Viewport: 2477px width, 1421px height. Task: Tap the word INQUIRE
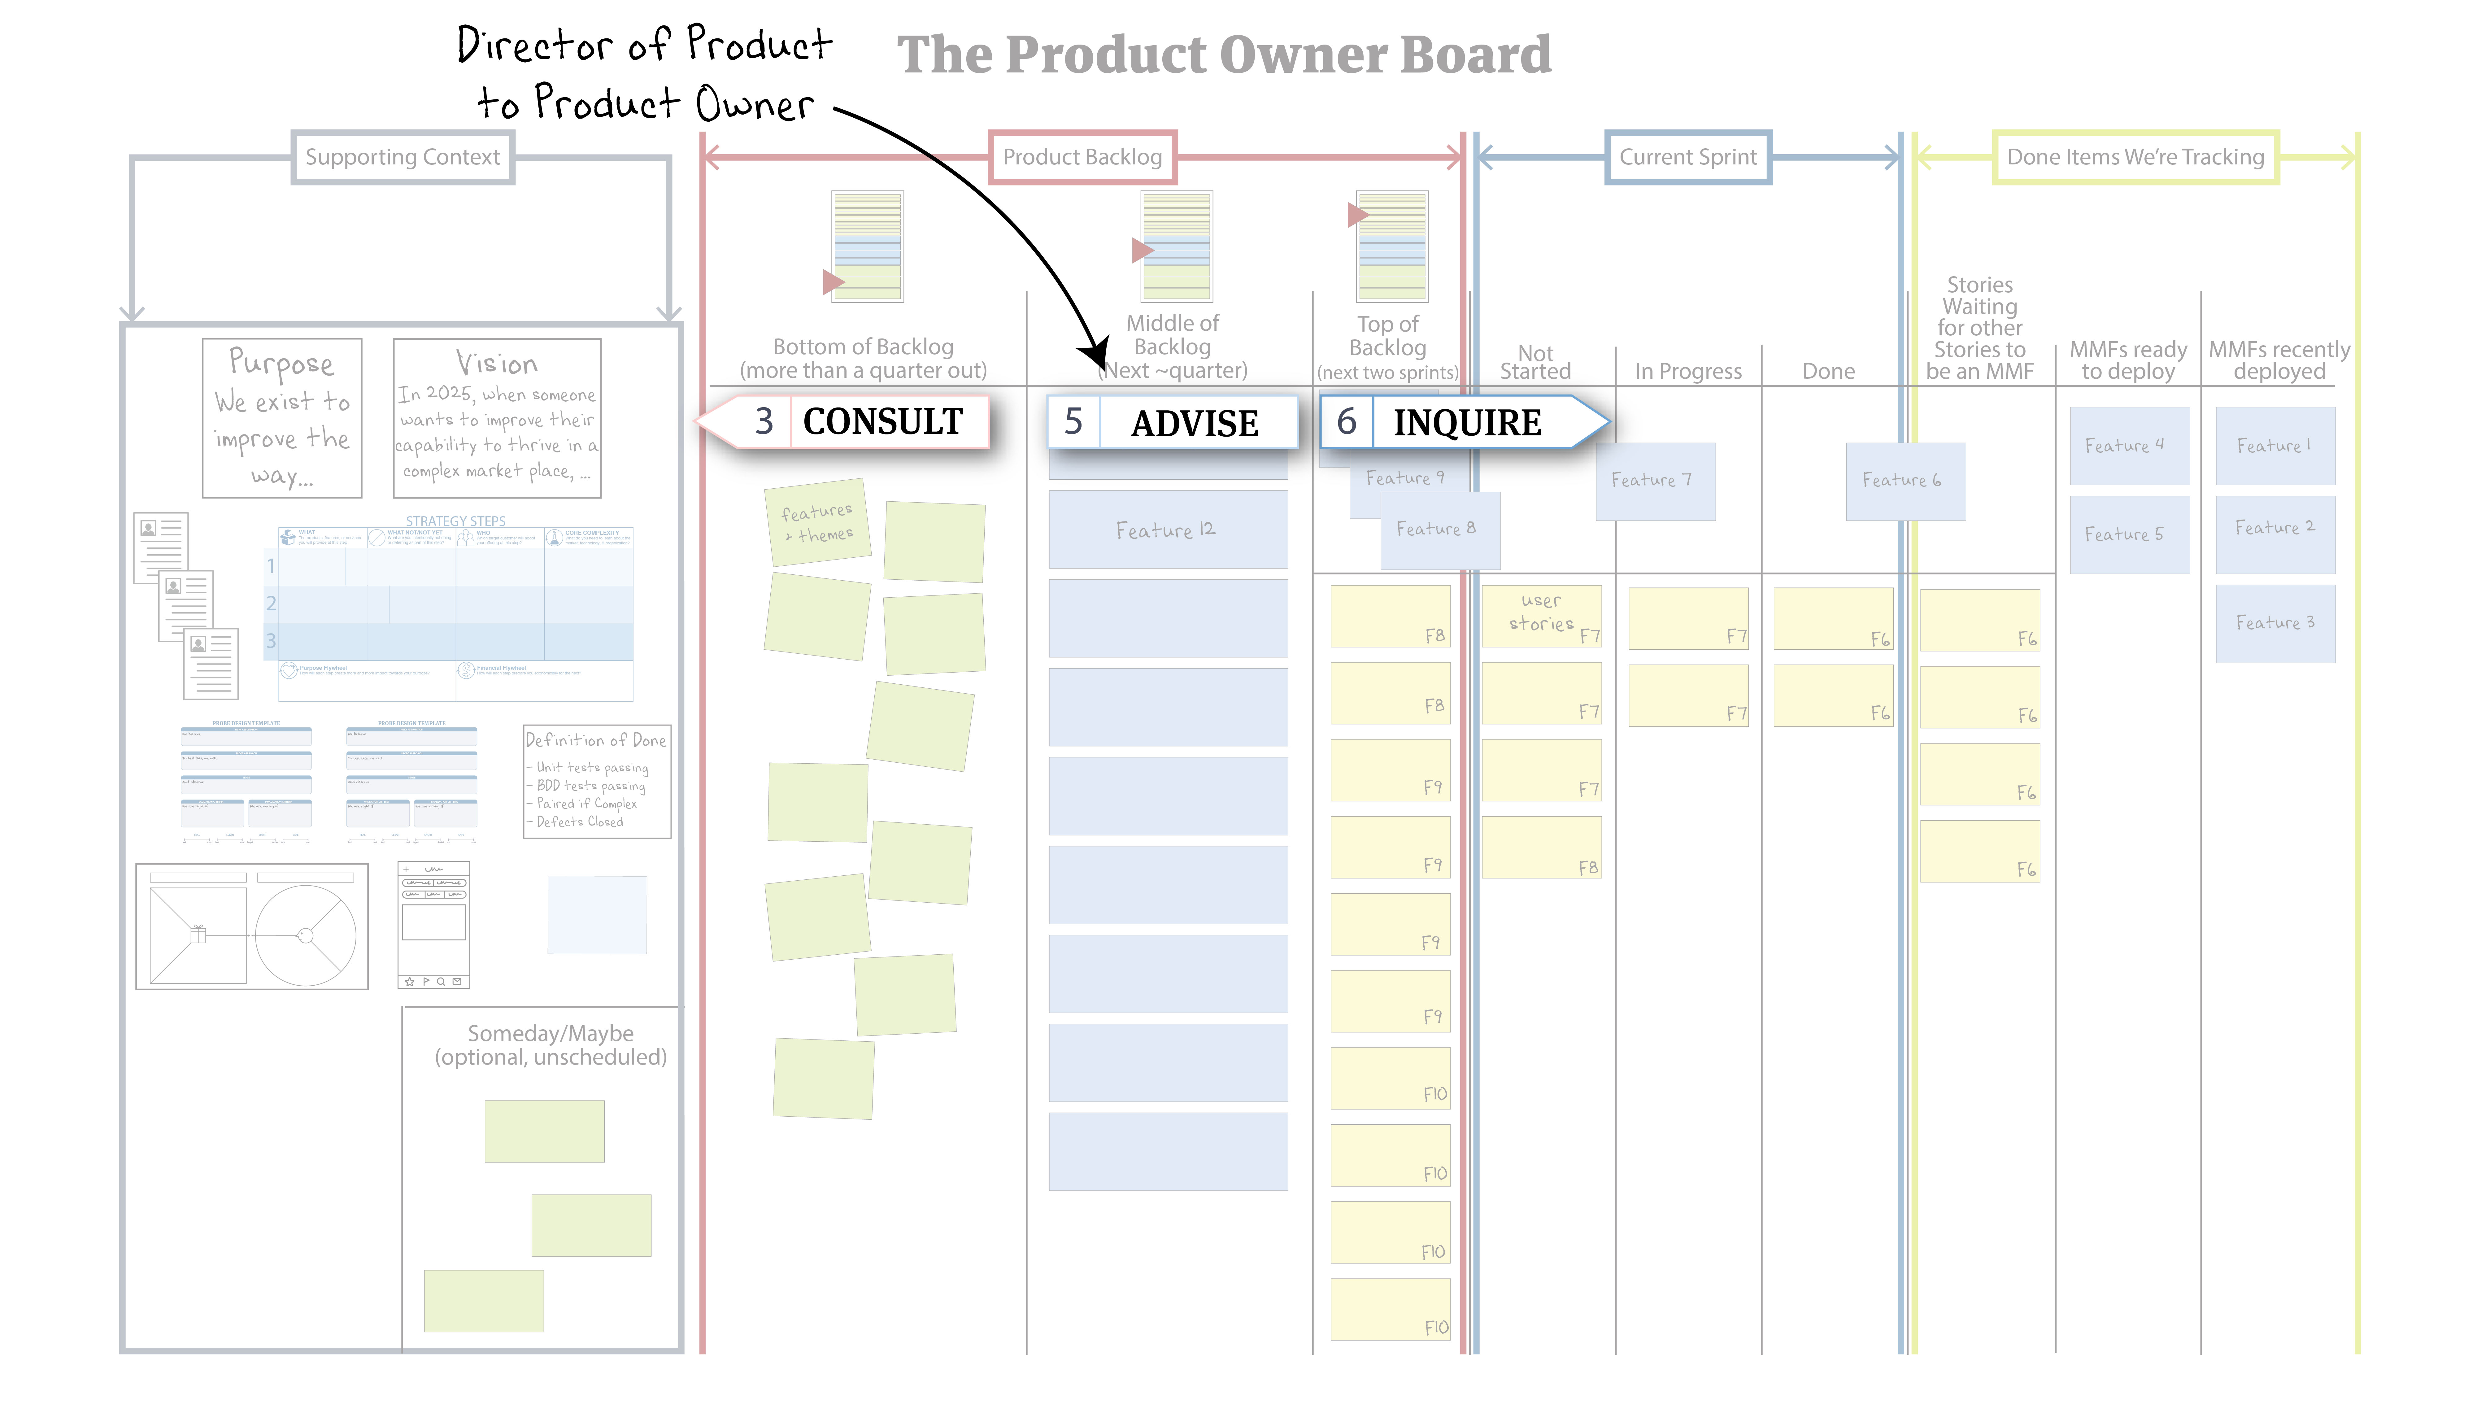point(1466,423)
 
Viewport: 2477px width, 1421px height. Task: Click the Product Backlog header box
point(1082,157)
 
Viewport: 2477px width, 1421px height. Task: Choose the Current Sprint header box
point(1688,157)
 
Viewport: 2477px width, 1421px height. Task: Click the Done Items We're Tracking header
point(2135,157)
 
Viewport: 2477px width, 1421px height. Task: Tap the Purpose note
point(282,418)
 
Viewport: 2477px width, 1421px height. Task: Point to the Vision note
point(497,418)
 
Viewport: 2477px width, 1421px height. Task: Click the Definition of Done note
point(596,781)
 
